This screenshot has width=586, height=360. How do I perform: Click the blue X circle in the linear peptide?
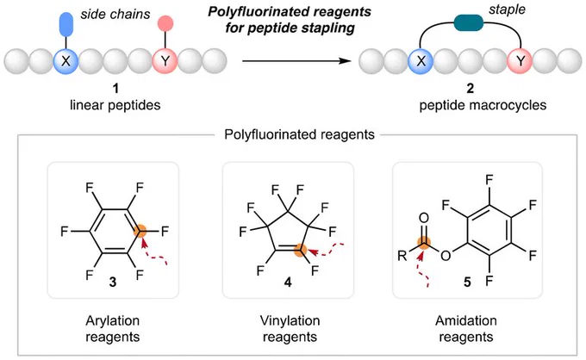tap(65, 60)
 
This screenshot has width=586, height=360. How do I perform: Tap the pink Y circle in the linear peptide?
tap(165, 60)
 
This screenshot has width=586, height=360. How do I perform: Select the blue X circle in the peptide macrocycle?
tap(421, 60)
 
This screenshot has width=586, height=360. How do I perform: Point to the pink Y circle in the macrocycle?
tap(520, 60)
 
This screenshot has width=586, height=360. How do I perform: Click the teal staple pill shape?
tap(469, 22)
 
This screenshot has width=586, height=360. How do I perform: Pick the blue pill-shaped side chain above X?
tap(66, 24)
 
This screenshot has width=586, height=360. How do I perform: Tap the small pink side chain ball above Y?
tap(165, 23)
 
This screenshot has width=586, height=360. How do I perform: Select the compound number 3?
tap(113, 282)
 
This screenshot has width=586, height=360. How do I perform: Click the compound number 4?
tap(288, 282)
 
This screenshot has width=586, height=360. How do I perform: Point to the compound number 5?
tap(467, 282)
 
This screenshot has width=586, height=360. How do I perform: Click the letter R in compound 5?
tap(402, 256)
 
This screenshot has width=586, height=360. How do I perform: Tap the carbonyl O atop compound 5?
tap(424, 218)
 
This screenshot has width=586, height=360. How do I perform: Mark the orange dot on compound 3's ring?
tap(140, 231)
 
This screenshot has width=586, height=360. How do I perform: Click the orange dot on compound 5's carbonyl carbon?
tap(424, 243)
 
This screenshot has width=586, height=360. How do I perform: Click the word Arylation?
tap(113, 320)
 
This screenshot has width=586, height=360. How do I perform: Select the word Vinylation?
tap(290, 320)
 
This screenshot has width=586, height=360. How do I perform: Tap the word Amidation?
tap(466, 320)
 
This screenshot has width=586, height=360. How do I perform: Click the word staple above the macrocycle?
tap(507, 10)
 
